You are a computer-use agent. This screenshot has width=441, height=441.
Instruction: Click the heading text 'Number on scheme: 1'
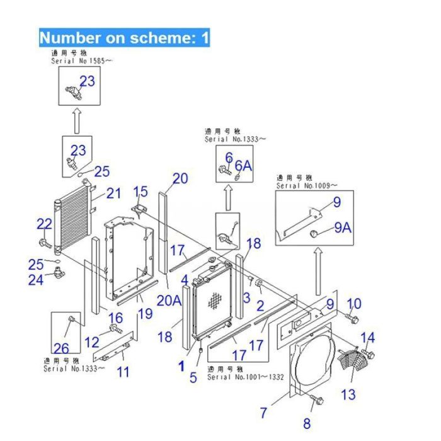click(x=124, y=38)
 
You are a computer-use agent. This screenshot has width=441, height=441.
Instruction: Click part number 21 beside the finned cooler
click(x=113, y=193)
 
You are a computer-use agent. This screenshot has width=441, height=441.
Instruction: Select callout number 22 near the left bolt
click(x=44, y=224)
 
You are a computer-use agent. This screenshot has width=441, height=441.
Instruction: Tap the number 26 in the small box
click(x=61, y=347)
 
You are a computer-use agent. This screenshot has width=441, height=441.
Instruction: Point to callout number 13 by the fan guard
click(x=348, y=394)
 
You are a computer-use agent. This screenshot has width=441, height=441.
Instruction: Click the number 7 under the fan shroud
click(x=264, y=413)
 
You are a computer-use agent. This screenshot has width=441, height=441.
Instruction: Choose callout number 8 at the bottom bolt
click(x=307, y=423)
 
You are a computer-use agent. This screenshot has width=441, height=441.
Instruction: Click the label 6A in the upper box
click(x=244, y=165)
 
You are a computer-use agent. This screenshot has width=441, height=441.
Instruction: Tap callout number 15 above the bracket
click(x=140, y=191)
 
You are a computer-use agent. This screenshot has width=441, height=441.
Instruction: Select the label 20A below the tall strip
click(x=169, y=301)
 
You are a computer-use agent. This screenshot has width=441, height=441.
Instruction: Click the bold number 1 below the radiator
click(x=181, y=365)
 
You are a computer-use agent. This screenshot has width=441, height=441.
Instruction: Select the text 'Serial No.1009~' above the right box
click(x=306, y=186)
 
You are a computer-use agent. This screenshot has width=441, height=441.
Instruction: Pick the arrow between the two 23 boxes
click(x=76, y=120)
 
